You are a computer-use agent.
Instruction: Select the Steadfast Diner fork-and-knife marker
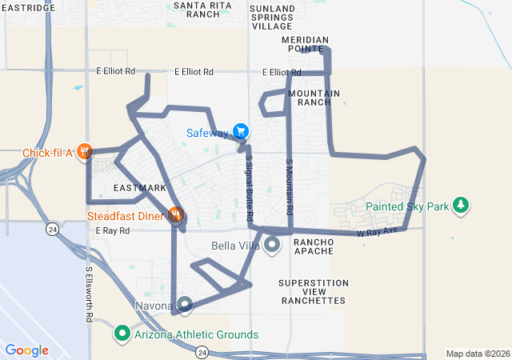coord(175,214)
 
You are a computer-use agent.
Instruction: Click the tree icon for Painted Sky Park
coord(461,206)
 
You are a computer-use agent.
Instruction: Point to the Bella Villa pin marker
coord(272,244)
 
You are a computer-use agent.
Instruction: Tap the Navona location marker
coord(185,305)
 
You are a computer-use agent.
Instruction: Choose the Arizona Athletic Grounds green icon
coord(122,333)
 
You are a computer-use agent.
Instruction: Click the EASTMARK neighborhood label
coord(140,188)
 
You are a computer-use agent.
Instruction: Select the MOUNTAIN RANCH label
coord(314,98)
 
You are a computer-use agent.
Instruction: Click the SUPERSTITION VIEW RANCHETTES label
coord(314,291)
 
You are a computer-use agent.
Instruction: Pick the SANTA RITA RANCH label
coord(197,9)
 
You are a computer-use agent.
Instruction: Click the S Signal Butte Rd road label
coord(249,189)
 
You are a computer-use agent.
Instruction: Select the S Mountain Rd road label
coord(289,186)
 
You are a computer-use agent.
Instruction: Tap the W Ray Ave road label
coord(377,232)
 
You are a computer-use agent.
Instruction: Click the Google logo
coord(26,350)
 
